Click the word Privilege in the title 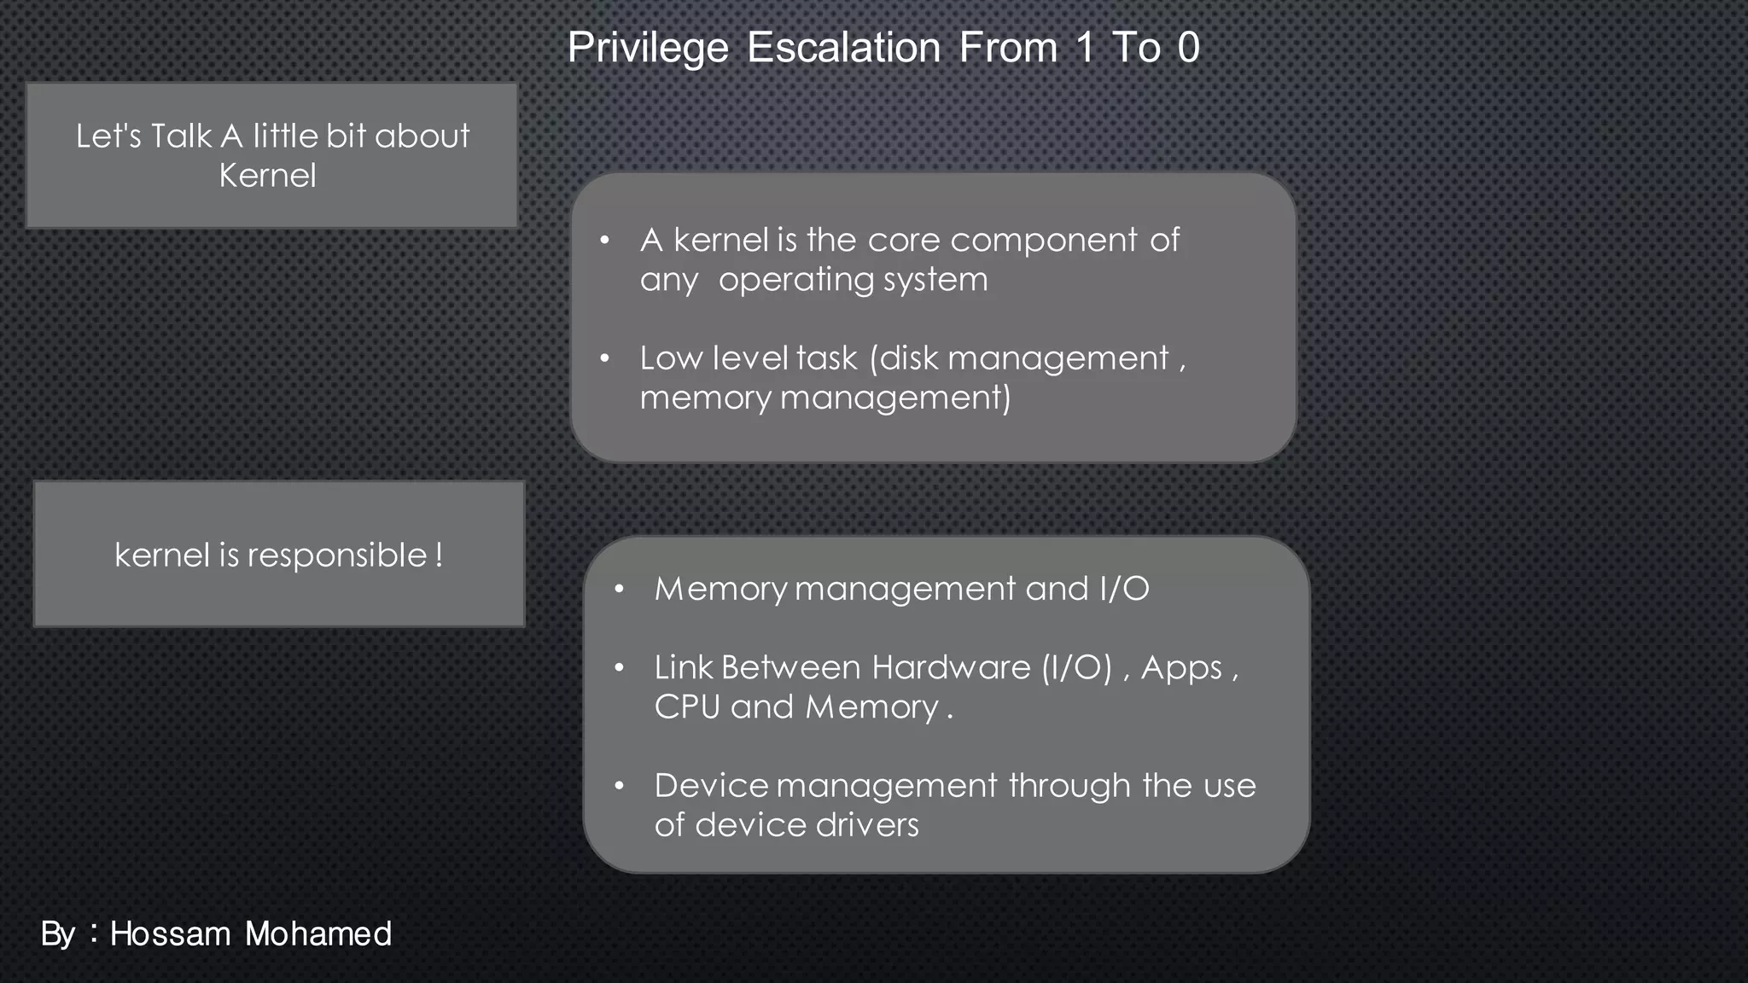point(648,48)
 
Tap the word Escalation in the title point(843,48)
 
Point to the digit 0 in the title point(1188,48)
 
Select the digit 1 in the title point(1084,48)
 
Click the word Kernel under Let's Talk point(267,176)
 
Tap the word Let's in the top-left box point(108,137)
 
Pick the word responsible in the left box point(337,556)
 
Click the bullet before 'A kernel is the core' point(604,241)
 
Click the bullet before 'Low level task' point(604,359)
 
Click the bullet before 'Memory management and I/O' point(619,590)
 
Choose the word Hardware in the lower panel point(951,667)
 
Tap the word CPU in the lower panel point(687,707)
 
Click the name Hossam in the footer point(171,934)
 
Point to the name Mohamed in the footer point(318,934)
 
